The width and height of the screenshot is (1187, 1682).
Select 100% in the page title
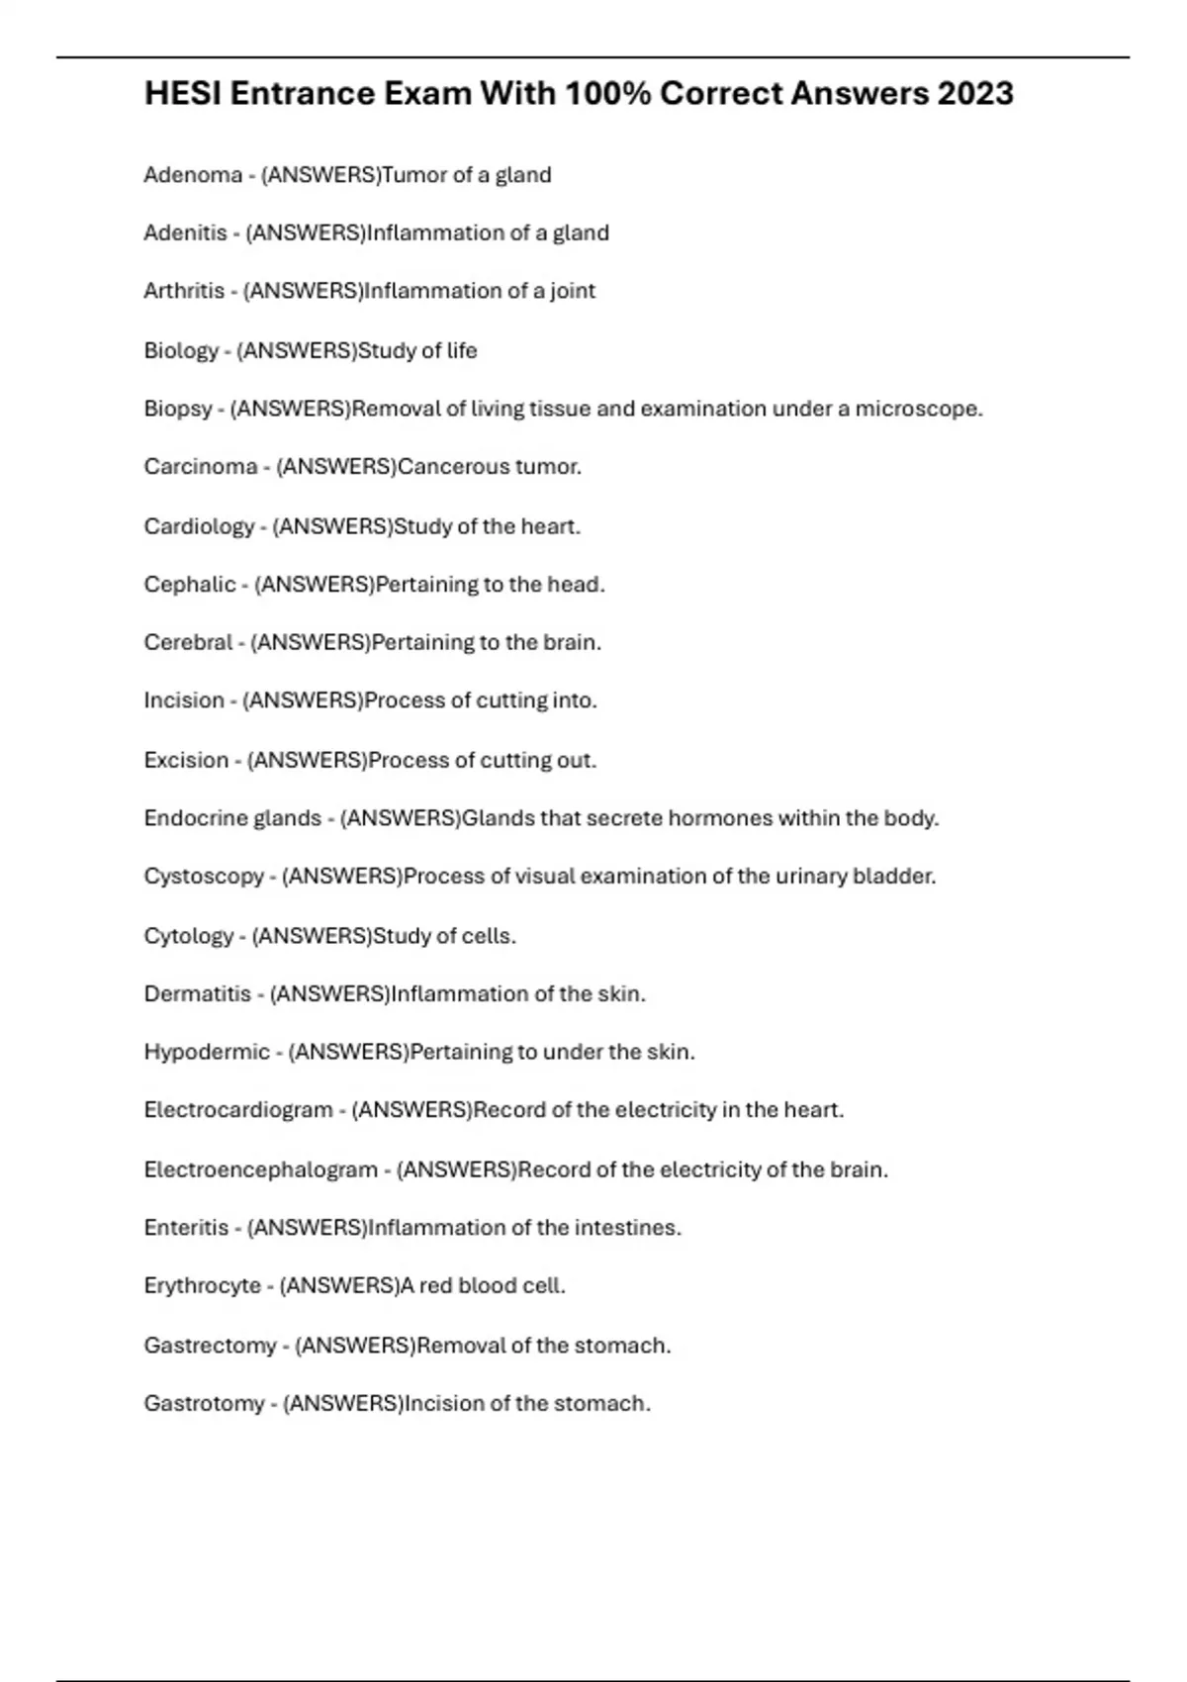pyautogui.click(x=607, y=94)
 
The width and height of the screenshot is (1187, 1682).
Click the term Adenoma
pyautogui.click(x=193, y=175)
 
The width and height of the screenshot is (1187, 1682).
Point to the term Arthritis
pyautogui.click(x=184, y=291)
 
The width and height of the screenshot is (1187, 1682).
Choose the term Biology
pyautogui.click(x=181, y=350)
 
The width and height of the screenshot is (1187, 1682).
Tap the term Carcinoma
pyautogui.click(x=201, y=466)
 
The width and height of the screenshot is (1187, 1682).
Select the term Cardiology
pyautogui.click(x=199, y=525)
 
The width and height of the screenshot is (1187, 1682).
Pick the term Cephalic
pyautogui.click(x=190, y=584)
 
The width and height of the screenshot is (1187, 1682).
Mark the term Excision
pyautogui.click(x=186, y=760)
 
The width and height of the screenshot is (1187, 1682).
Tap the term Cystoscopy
pyautogui.click(x=204, y=877)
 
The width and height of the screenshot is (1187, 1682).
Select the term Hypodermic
pyautogui.click(x=207, y=1052)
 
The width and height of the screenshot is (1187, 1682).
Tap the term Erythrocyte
pyautogui.click(x=203, y=1286)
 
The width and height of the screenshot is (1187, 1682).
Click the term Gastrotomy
pyautogui.click(x=204, y=1403)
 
